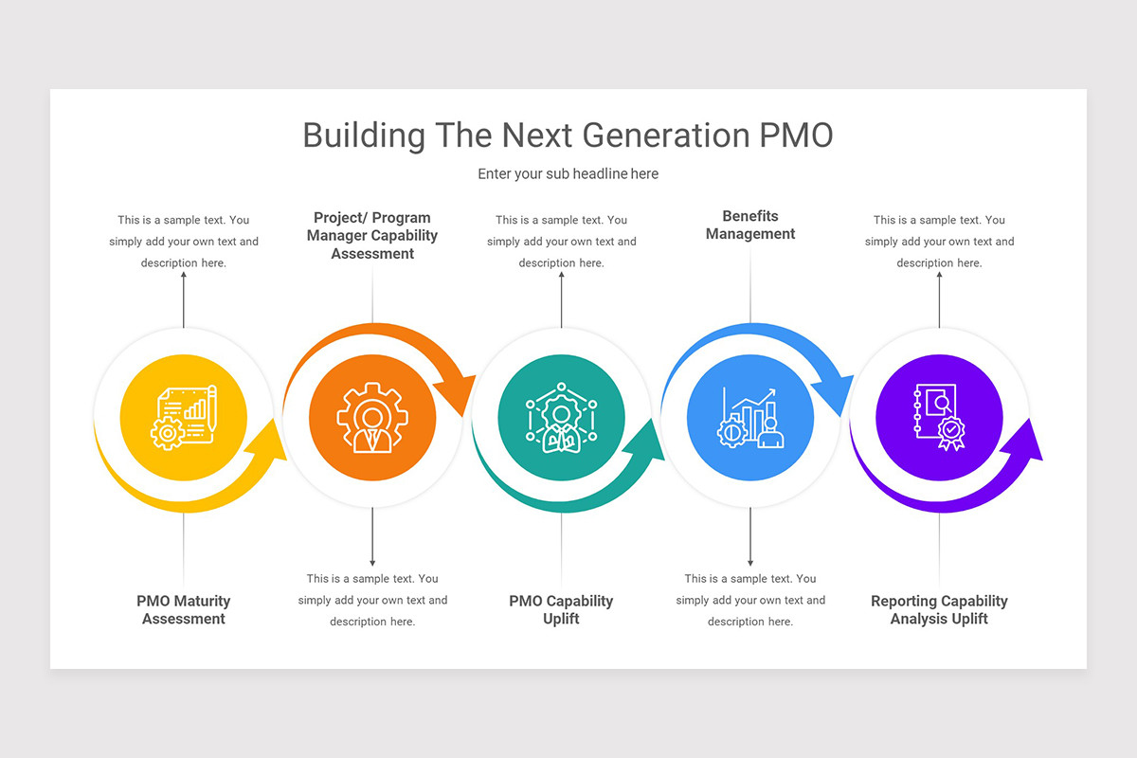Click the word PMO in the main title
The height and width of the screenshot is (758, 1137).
pyautogui.click(x=796, y=135)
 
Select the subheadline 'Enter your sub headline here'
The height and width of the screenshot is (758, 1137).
pyautogui.click(x=568, y=174)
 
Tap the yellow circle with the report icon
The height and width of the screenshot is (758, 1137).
pyautogui.click(x=183, y=417)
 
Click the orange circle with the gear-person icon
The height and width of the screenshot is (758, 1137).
pyautogui.click(x=372, y=417)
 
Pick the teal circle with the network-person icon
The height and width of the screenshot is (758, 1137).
pyautogui.click(x=561, y=417)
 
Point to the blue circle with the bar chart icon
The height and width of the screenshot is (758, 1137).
pyautogui.click(x=750, y=417)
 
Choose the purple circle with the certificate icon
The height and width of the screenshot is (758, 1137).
pyautogui.click(x=939, y=417)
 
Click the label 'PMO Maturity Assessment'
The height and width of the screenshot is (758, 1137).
pyautogui.click(x=183, y=610)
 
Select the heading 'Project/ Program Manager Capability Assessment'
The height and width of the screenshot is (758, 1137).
pyautogui.click(x=372, y=235)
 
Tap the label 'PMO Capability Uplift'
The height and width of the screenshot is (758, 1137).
pyautogui.click(x=561, y=610)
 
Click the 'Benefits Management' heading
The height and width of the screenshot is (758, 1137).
pyautogui.click(x=750, y=225)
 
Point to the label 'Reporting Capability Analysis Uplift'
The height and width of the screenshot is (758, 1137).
pyautogui.click(x=939, y=610)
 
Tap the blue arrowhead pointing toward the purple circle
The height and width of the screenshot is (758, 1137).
pyautogui.click(x=836, y=393)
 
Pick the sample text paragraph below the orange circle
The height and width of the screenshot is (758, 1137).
pyautogui.click(x=372, y=600)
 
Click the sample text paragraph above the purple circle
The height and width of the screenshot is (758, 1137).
pyautogui.click(x=939, y=242)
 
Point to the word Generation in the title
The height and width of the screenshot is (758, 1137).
pyautogui.click(x=665, y=135)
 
